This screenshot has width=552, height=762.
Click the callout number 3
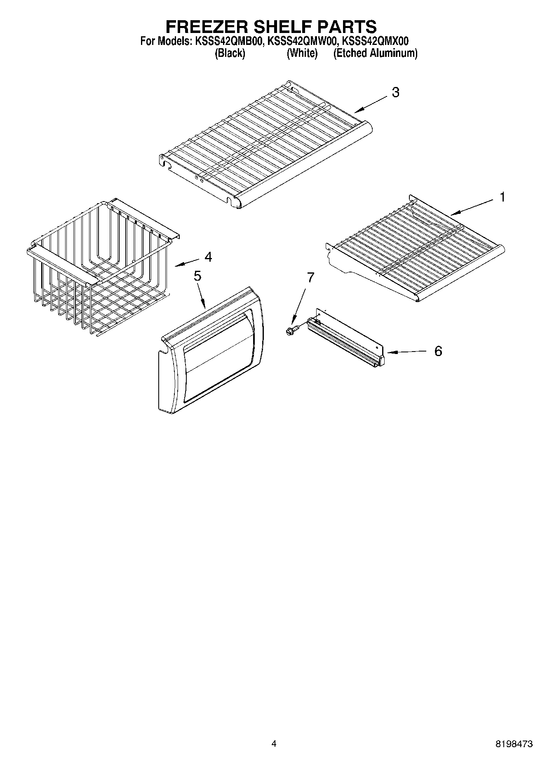[395, 92]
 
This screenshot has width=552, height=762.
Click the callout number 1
[502, 197]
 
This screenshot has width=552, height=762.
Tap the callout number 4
[208, 257]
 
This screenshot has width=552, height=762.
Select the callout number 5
[197, 276]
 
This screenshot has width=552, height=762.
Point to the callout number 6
[438, 351]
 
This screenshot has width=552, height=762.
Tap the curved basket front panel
[210, 350]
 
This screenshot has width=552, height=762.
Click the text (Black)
[230, 53]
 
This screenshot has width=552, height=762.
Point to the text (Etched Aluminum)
[375, 53]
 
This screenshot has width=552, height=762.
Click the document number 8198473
[514, 744]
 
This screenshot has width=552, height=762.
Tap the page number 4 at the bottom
[274, 744]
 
